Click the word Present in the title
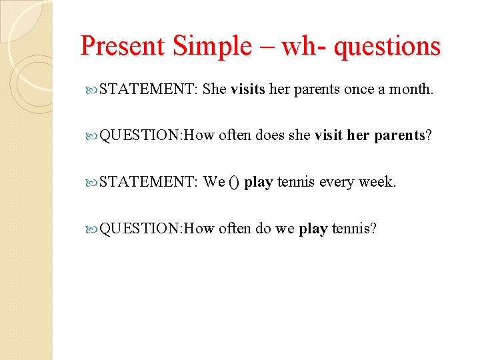click(x=122, y=46)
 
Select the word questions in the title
click(x=387, y=46)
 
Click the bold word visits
click(x=248, y=89)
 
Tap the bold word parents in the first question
click(x=399, y=136)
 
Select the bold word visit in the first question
click(x=328, y=136)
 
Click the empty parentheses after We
click(x=233, y=183)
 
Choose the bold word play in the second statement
click(x=259, y=183)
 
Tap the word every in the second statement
click(x=337, y=183)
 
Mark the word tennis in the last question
click(x=354, y=229)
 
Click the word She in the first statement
click(x=215, y=89)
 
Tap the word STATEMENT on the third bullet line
click(x=147, y=183)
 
